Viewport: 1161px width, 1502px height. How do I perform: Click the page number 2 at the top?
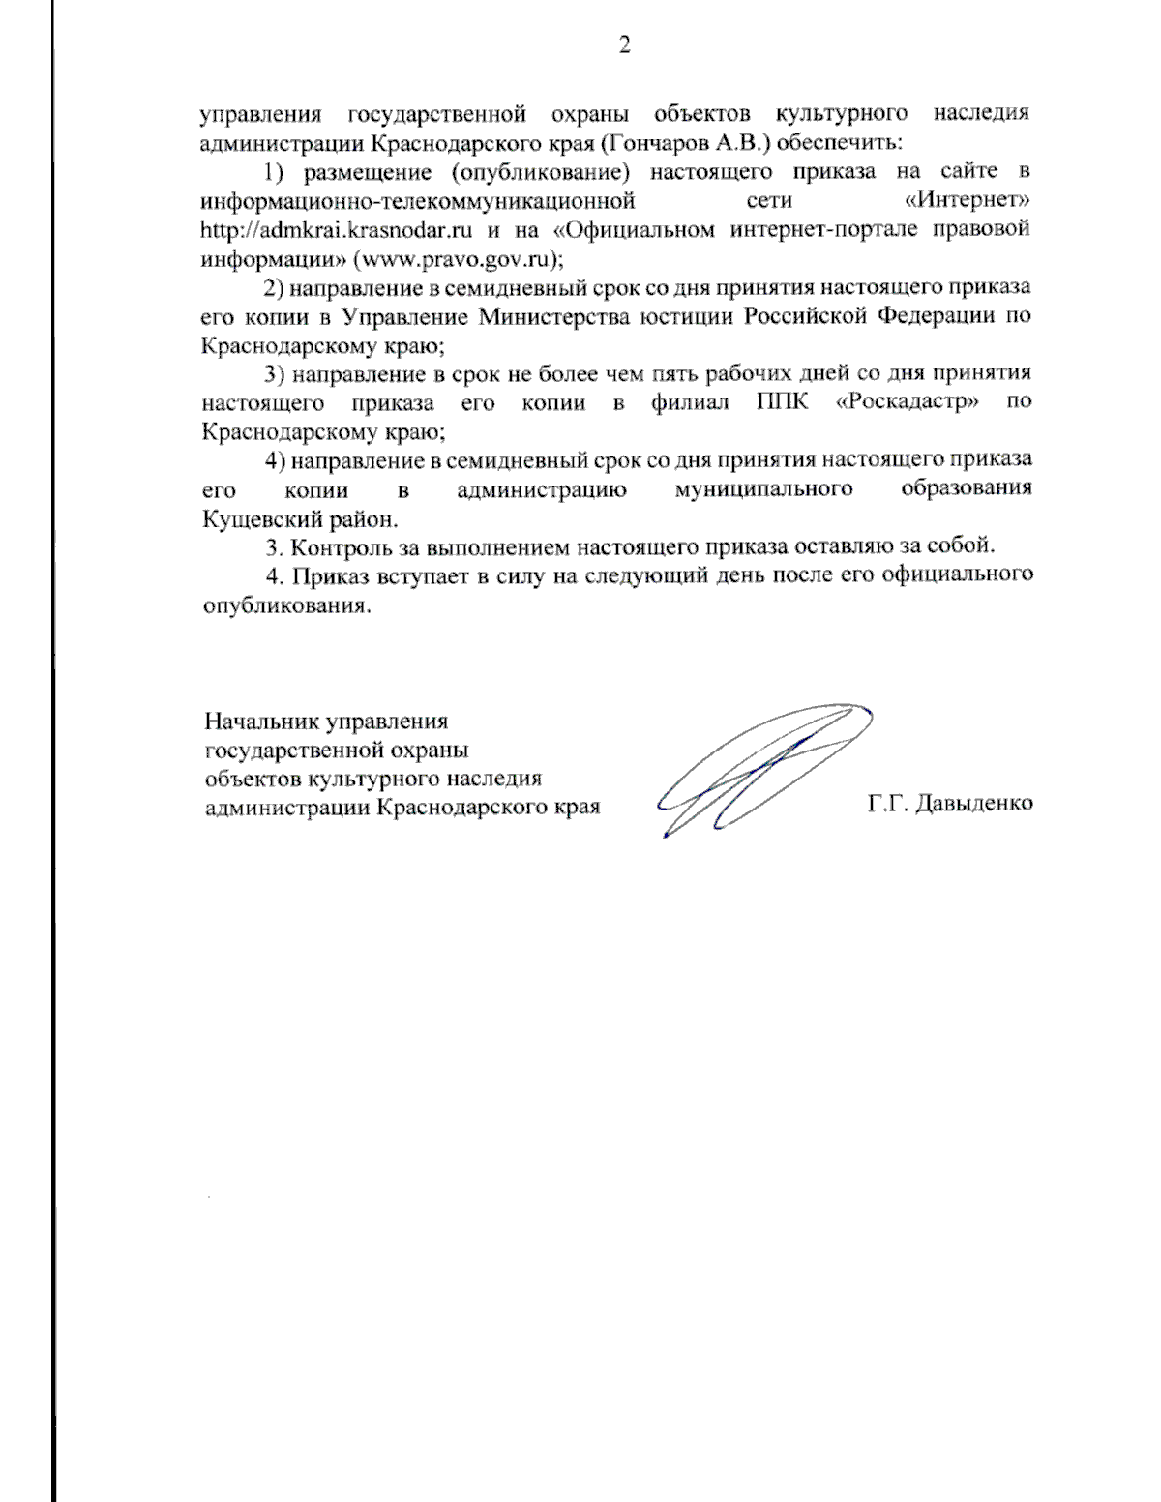[624, 45]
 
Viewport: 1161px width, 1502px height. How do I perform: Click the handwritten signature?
[764, 769]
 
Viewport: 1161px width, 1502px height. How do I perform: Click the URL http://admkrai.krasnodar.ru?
[336, 230]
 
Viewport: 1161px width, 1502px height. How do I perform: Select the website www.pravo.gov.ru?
[460, 259]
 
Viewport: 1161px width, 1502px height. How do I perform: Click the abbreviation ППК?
[781, 402]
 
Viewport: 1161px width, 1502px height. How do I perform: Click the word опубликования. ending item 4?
[287, 606]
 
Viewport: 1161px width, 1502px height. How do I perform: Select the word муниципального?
[763, 489]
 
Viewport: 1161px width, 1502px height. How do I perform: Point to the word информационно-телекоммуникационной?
[417, 201]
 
